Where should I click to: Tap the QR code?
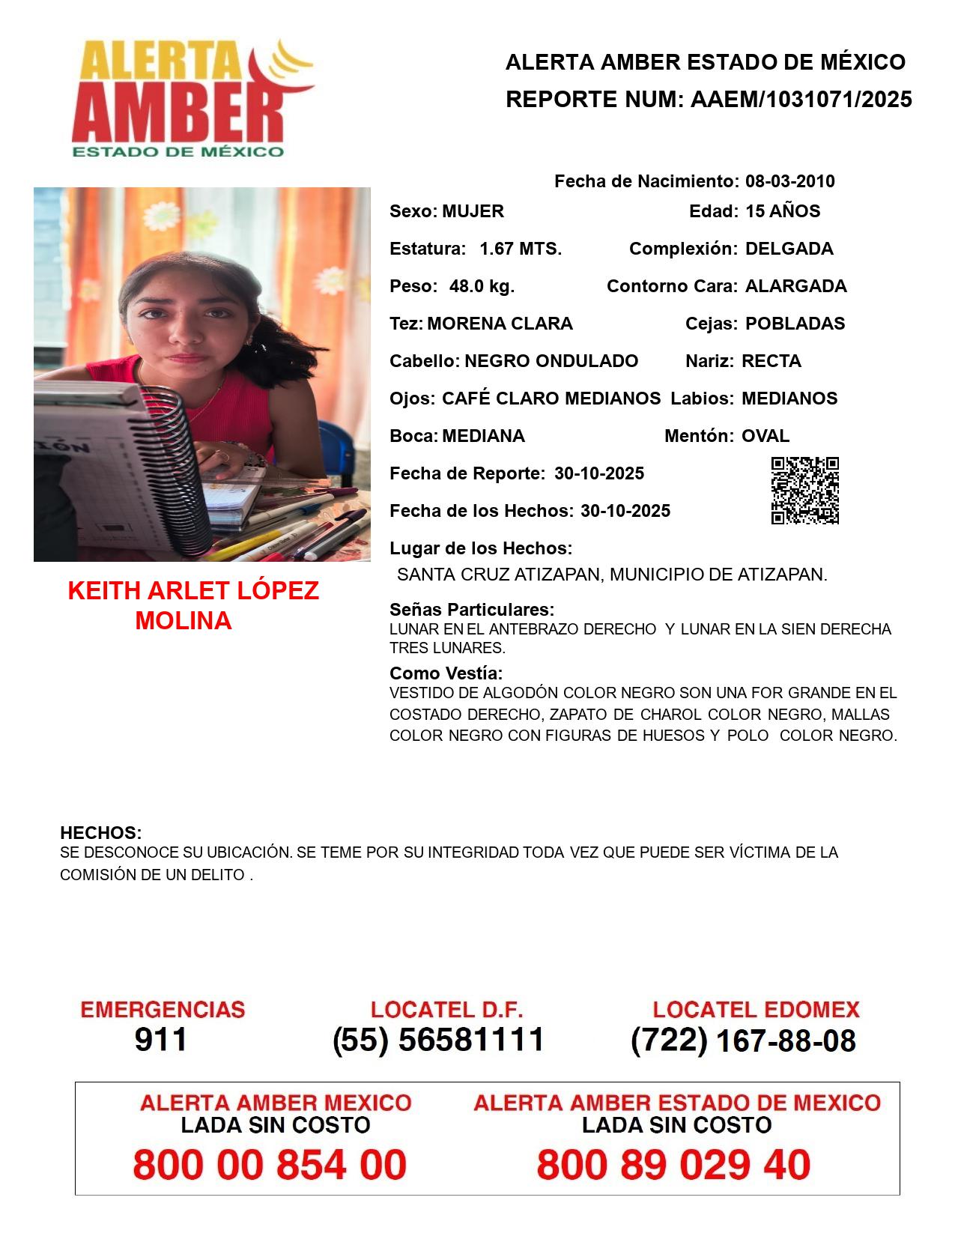(x=804, y=491)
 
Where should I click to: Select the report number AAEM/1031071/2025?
(x=801, y=99)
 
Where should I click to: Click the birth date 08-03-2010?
(x=789, y=181)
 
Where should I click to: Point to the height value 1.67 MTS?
(x=521, y=249)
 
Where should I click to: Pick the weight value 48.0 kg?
(x=482, y=286)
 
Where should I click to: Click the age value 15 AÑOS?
(x=783, y=211)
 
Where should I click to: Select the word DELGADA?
(x=789, y=249)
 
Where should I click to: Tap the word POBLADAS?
(x=795, y=324)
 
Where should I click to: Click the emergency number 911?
(x=161, y=1040)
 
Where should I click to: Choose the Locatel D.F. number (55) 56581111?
(x=438, y=1040)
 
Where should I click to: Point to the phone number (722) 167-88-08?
(x=743, y=1040)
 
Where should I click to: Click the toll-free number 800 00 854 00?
(x=270, y=1165)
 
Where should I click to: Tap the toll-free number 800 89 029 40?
(x=673, y=1165)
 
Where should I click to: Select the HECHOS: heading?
(x=100, y=833)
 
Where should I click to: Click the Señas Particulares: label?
(x=472, y=609)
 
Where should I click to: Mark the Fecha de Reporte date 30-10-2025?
(x=599, y=473)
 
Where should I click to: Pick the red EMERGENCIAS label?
(x=163, y=1010)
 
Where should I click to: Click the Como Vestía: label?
(x=446, y=673)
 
